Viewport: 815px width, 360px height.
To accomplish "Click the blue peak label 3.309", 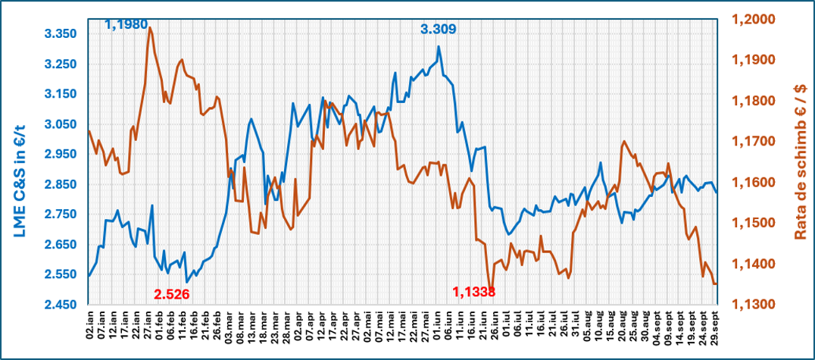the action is (438, 29).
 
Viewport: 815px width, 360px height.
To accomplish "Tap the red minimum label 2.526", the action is (171, 295).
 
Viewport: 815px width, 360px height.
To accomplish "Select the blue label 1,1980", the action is (126, 24).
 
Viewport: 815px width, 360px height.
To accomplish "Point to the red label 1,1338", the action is (474, 292).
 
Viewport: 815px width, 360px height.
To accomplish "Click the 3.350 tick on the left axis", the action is (62, 34).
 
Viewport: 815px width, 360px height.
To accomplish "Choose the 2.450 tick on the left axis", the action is (62, 305).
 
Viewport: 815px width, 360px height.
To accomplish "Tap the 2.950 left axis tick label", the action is (62, 155).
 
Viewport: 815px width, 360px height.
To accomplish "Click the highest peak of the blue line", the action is (439, 46).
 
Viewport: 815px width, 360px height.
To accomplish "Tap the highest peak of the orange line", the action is (149, 27).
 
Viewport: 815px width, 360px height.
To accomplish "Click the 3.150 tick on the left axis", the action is (62, 94).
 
